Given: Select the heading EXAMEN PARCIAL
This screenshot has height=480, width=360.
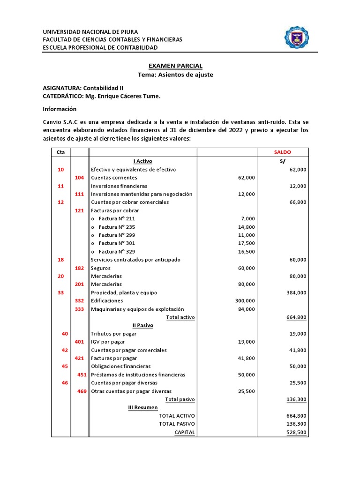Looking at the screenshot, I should pos(175,66).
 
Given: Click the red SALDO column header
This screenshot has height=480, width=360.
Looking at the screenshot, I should pos(283,152).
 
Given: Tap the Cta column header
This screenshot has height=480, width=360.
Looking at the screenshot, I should pos(60,152).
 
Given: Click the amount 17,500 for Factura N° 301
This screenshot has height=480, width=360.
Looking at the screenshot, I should pos(246,243).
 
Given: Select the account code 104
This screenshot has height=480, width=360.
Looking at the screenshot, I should pos(79,178).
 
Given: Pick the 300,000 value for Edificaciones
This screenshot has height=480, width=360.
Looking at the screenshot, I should pos(244,300).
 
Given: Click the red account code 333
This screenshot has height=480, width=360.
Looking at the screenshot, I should pos(79,309).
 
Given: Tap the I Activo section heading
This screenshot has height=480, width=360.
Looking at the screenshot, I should pos(143,161).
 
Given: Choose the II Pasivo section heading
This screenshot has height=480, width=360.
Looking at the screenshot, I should pos(143,325).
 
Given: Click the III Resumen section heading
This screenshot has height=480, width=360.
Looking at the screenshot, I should pos(143,407).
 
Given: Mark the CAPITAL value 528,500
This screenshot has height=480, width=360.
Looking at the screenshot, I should pos(296,432).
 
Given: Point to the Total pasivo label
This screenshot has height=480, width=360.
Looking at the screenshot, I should pos(180,399).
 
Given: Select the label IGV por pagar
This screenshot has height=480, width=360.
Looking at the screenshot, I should pos(108,342).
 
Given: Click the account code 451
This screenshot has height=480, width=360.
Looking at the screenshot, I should pos(82,375).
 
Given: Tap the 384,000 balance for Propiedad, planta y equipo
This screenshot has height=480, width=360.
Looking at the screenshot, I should pos(296,292).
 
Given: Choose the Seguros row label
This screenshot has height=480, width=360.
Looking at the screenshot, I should pos(101,268).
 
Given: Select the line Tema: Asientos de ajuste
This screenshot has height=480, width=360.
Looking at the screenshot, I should pos(175,75).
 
